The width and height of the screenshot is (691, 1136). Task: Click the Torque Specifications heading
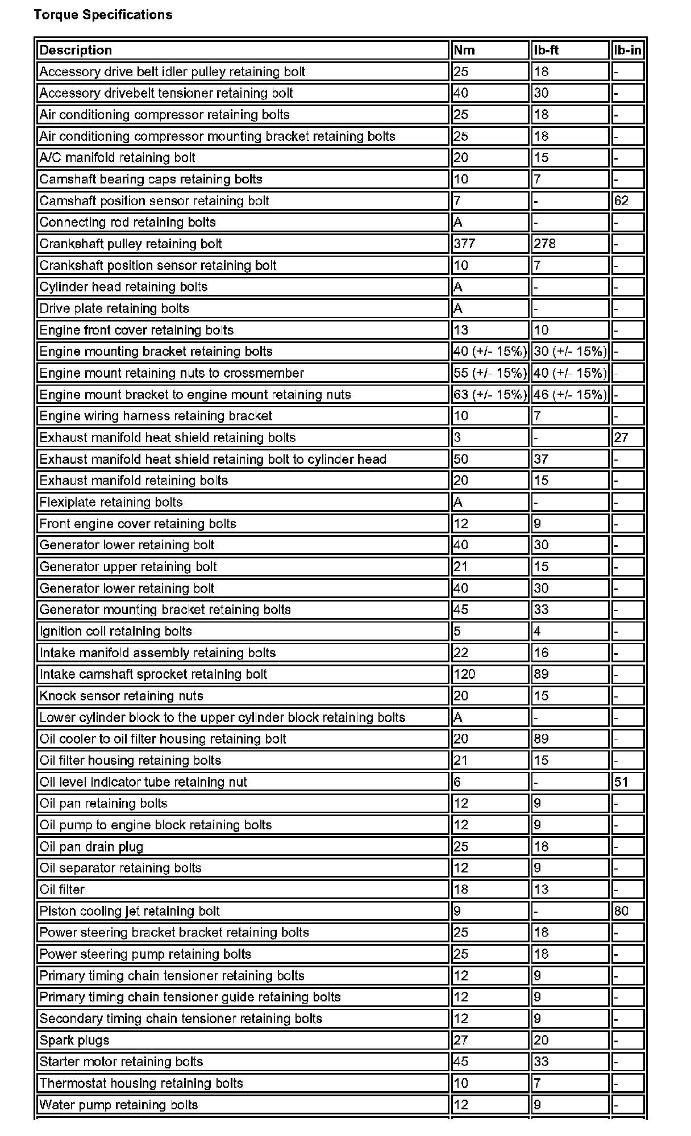[x=103, y=15]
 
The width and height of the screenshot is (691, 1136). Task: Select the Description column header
[x=76, y=50]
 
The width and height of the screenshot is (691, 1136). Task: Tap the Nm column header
[x=464, y=50]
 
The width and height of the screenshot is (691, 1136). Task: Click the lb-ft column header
[x=546, y=50]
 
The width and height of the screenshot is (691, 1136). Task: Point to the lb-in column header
[x=627, y=50]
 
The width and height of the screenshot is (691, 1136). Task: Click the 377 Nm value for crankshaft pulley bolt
[x=464, y=244]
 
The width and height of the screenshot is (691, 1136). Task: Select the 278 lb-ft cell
[x=545, y=244]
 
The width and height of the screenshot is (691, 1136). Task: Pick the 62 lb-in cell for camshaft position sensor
[x=621, y=201]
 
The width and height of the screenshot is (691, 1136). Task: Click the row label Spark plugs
[x=74, y=1040]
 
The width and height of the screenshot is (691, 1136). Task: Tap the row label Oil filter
[x=62, y=889]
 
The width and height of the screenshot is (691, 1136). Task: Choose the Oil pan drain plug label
[x=91, y=846]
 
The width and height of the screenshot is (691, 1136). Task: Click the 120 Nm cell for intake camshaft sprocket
[x=464, y=674]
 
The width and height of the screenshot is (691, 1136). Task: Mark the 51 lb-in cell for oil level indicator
[x=621, y=782]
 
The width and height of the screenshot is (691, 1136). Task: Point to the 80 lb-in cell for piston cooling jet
[x=621, y=911]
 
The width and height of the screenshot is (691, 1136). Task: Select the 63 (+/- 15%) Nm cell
[x=490, y=394]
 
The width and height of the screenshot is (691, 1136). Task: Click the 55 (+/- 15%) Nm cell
[x=490, y=373]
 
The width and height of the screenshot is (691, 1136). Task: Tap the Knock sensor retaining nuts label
[x=121, y=696]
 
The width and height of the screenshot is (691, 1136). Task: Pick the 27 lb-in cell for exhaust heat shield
[x=621, y=437]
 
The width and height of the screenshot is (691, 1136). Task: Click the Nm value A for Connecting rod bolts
[x=458, y=222]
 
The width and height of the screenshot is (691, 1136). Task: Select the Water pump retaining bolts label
[x=119, y=1105]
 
